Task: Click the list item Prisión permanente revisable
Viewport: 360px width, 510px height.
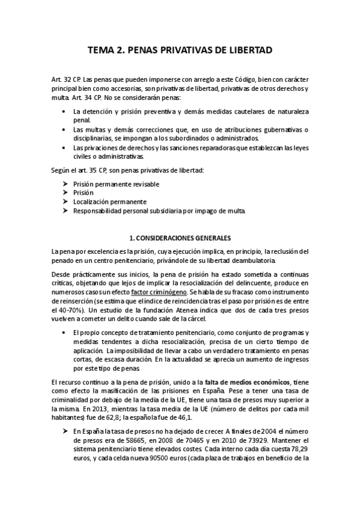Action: [x=116, y=183]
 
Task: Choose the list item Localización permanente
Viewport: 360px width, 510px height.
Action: [x=109, y=201]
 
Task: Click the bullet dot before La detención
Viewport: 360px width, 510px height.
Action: [x=64, y=111]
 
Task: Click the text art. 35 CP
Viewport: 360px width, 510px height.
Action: [x=95, y=170]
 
